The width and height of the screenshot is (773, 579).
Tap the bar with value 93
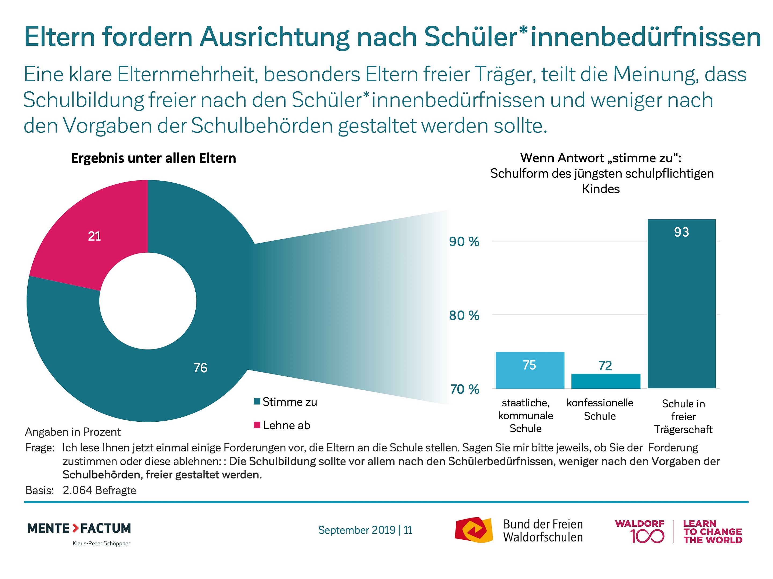pos(681,304)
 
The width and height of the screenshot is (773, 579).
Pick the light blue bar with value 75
pos(530,370)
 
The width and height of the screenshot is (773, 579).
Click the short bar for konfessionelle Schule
pos(606,381)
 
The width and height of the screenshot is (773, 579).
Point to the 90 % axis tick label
pos(464,242)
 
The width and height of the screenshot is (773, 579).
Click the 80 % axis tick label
pos(464,316)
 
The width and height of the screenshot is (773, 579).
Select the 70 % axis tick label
pos(464,389)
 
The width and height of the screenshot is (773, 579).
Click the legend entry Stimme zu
pos(286,402)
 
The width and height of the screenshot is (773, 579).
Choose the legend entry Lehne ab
pos(282,425)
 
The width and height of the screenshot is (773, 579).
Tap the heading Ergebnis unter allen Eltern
pos(154,158)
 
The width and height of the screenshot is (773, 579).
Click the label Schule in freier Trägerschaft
pos(683,416)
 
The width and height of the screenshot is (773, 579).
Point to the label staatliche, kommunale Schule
pos(526,415)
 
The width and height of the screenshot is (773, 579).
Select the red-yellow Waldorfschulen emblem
pos(473,530)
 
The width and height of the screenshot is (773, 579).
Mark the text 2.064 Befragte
pos(99,490)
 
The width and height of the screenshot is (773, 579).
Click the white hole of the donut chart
pos(148,301)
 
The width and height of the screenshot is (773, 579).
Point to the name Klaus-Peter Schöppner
pos(101,543)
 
